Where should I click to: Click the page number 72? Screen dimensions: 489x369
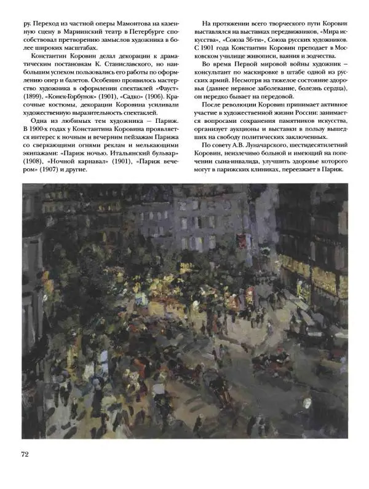[26, 454]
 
